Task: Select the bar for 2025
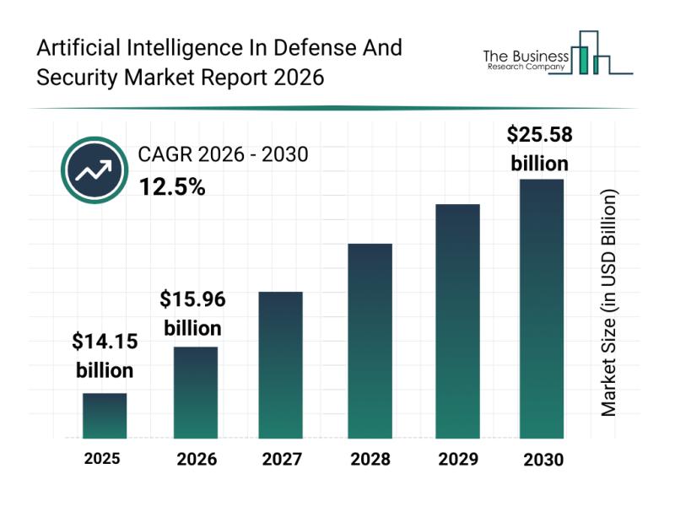click(105, 416)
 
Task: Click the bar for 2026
click(196, 392)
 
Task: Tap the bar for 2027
click(281, 365)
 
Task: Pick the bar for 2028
click(370, 341)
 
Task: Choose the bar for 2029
click(457, 321)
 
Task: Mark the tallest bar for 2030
click(541, 309)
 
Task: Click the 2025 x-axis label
click(102, 459)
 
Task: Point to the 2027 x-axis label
click(282, 460)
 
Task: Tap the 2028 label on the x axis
click(370, 460)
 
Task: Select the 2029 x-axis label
click(456, 460)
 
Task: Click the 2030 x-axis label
click(542, 460)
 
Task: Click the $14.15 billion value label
click(105, 356)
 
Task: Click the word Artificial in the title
click(78, 48)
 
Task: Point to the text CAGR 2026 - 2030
click(223, 154)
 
